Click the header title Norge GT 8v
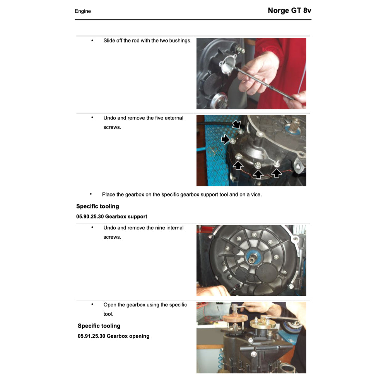click(289, 10)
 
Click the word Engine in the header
click(83, 11)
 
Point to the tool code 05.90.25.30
click(90, 216)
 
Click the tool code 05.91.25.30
click(91, 336)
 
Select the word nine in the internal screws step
click(160, 227)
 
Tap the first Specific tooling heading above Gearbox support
click(97, 206)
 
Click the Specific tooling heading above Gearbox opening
click(99, 326)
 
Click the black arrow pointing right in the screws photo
click(226, 139)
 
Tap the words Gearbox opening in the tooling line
click(128, 336)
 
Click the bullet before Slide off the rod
click(92, 40)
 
